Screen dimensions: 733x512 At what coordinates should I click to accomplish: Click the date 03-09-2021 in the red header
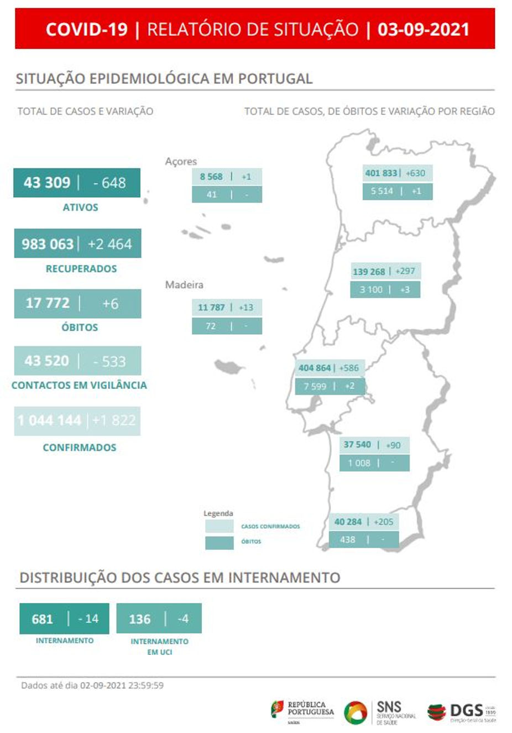point(423,29)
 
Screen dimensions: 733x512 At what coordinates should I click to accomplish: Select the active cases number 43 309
point(47,183)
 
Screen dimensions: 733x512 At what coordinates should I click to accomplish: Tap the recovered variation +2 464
point(109,244)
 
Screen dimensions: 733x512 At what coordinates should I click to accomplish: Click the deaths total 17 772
point(48,303)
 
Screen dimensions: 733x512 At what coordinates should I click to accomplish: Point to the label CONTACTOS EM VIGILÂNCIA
point(79,385)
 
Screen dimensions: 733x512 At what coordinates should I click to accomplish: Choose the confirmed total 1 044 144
point(49,420)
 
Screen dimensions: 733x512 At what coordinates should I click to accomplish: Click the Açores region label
point(181,162)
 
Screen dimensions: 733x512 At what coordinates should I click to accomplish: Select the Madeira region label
point(184,285)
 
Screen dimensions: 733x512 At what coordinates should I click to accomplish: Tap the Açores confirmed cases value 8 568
point(211,176)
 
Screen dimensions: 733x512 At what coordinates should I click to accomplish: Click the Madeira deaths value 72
point(211,326)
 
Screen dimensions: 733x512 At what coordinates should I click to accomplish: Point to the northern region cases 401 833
point(381,173)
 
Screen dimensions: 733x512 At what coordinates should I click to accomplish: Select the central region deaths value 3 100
point(371,289)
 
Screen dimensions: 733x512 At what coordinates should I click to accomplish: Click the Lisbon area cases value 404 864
point(315,368)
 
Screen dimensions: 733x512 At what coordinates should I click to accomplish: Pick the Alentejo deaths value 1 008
point(359,463)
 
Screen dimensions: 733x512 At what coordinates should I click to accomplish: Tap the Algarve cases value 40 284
point(348,522)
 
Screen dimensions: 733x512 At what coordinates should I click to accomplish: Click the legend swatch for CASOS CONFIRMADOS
point(219,526)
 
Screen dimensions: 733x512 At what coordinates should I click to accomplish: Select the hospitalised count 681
point(43,618)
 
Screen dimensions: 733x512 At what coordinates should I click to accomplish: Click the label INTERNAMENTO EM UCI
point(159,646)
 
